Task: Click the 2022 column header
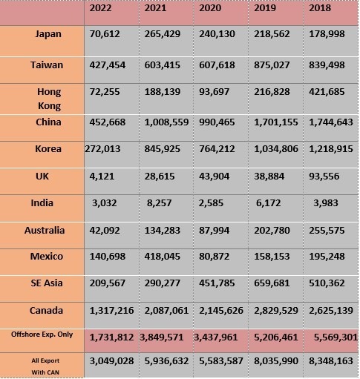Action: (100, 8)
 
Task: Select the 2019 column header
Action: (265, 8)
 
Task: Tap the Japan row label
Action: (48, 34)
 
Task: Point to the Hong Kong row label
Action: (49, 99)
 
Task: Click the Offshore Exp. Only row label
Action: (42, 334)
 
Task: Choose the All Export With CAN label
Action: (45, 366)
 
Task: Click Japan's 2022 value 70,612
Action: (105, 34)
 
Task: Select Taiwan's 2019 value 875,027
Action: (272, 65)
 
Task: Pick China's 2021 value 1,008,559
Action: (166, 122)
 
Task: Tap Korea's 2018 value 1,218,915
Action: (331, 149)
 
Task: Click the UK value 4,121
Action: (102, 177)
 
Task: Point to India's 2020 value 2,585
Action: (211, 203)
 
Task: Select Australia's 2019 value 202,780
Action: (272, 231)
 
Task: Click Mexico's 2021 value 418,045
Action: (163, 257)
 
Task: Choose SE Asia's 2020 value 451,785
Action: (217, 283)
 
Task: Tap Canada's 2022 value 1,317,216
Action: (111, 311)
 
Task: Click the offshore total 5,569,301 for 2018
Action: (336, 337)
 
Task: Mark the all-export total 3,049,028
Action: (111, 361)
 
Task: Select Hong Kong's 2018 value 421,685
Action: (327, 92)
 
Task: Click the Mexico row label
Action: (47, 257)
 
